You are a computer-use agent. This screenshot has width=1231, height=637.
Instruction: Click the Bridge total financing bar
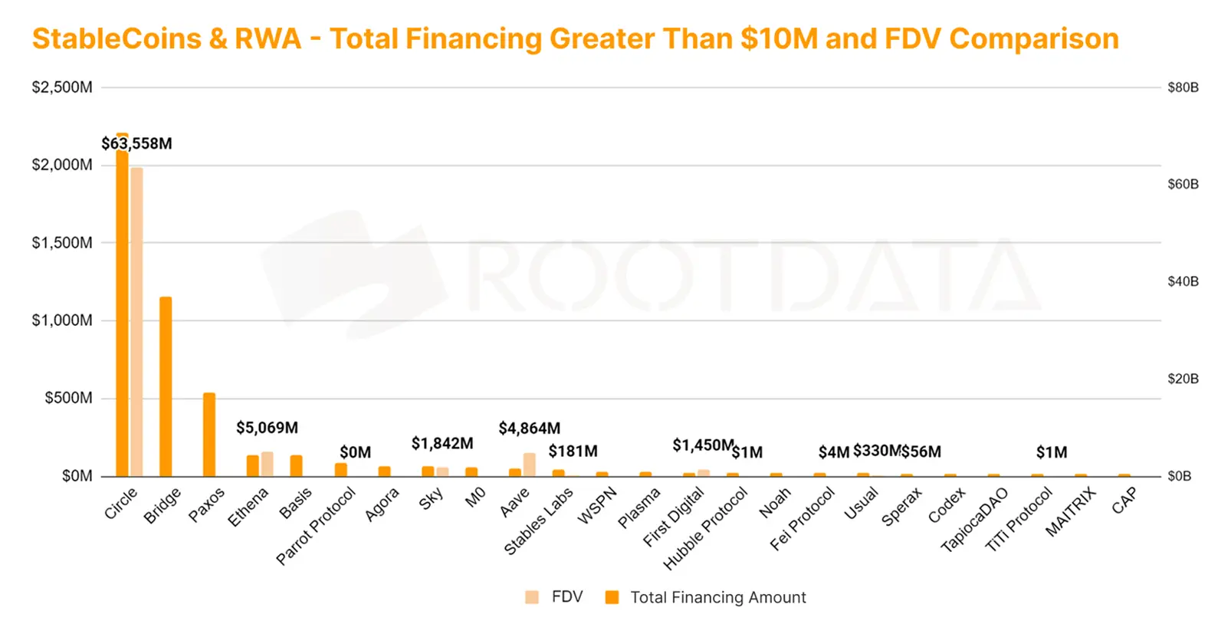[166, 386]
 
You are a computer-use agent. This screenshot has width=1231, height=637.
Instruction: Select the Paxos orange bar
[209, 435]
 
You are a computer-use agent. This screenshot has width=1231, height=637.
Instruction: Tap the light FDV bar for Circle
[137, 322]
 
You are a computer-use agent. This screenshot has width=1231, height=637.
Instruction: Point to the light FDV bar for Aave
[530, 465]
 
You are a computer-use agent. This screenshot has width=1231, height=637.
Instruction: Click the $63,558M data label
[137, 143]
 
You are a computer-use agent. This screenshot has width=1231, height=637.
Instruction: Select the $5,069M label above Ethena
[267, 428]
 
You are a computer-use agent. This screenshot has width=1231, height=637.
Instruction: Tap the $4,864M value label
[529, 428]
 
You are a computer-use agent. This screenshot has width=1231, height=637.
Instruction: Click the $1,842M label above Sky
[442, 443]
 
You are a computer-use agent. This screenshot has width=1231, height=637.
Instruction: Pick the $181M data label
[573, 451]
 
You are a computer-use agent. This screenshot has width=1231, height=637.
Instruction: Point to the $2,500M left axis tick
[62, 87]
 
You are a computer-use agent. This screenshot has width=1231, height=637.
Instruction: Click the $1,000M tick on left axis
[62, 320]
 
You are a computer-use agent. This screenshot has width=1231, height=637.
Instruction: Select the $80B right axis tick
[1183, 87]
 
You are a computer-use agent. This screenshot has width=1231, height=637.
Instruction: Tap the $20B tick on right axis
[1183, 379]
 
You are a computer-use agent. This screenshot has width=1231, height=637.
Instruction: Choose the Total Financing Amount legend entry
[705, 597]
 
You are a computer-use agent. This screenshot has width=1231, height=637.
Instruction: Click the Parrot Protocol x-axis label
[316, 526]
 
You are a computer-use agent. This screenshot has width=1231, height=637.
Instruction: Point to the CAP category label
[1124, 501]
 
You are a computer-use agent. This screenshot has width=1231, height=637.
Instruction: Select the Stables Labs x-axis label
[538, 521]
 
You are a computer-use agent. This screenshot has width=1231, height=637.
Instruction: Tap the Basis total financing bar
[296, 465]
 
